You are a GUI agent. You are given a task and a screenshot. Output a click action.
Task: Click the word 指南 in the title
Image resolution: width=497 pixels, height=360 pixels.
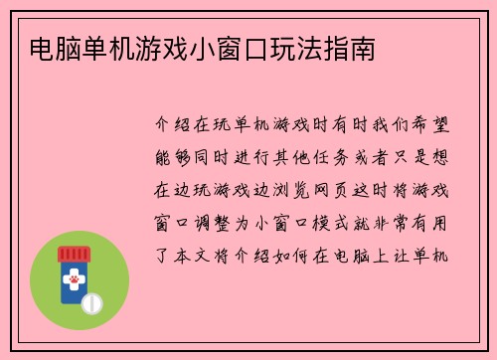tap(351, 48)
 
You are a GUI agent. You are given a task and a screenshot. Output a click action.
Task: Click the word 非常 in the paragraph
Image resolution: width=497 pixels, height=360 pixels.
tap(403, 222)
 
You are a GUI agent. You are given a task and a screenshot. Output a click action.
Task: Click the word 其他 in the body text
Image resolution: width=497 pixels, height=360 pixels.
tap(301, 158)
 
